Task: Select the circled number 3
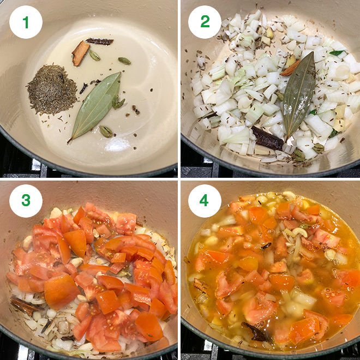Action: coord(26,200)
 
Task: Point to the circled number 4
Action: coord(205,200)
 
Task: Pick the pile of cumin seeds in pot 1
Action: coord(52,89)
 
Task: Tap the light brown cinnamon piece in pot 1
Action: coord(80,53)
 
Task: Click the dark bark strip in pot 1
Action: coord(100,41)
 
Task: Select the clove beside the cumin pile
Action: coord(84,88)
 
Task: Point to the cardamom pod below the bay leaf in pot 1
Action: coord(106,131)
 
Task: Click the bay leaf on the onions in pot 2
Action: coord(299,93)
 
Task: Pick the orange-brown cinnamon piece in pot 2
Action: coord(290,68)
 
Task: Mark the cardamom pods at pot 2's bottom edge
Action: coord(298,155)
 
